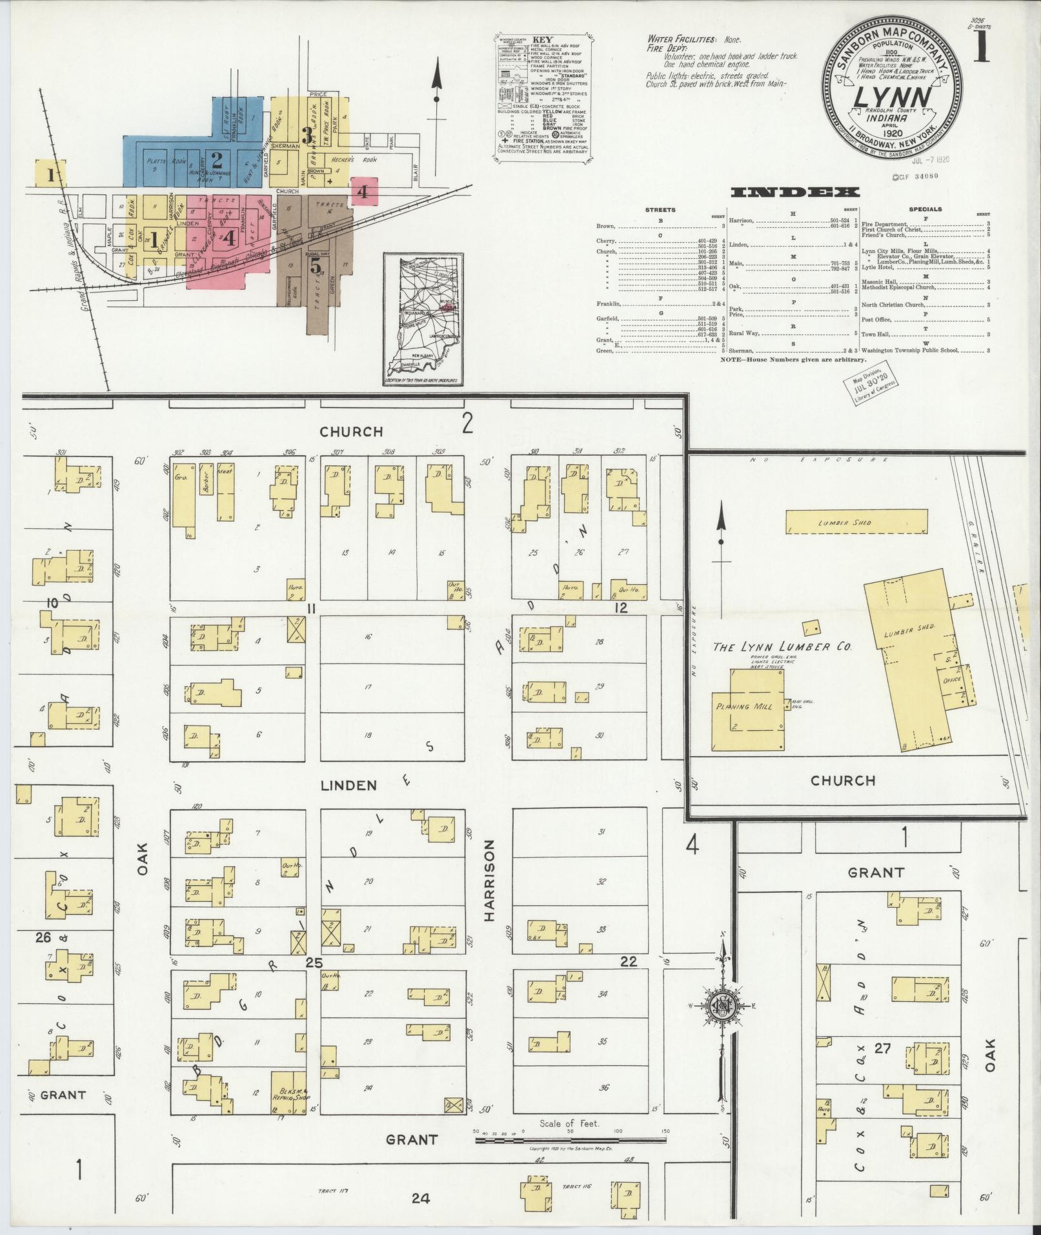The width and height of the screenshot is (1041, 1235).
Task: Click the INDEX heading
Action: pos(794,192)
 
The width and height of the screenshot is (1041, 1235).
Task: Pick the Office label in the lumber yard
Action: pos(953,680)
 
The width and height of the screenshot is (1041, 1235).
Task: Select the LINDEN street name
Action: pos(349,785)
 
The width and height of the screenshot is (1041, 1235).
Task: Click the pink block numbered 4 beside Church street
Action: pos(363,191)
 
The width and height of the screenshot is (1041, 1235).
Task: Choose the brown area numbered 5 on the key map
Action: pos(315,265)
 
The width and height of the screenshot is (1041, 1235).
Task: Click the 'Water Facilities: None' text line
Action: pos(694,39)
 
